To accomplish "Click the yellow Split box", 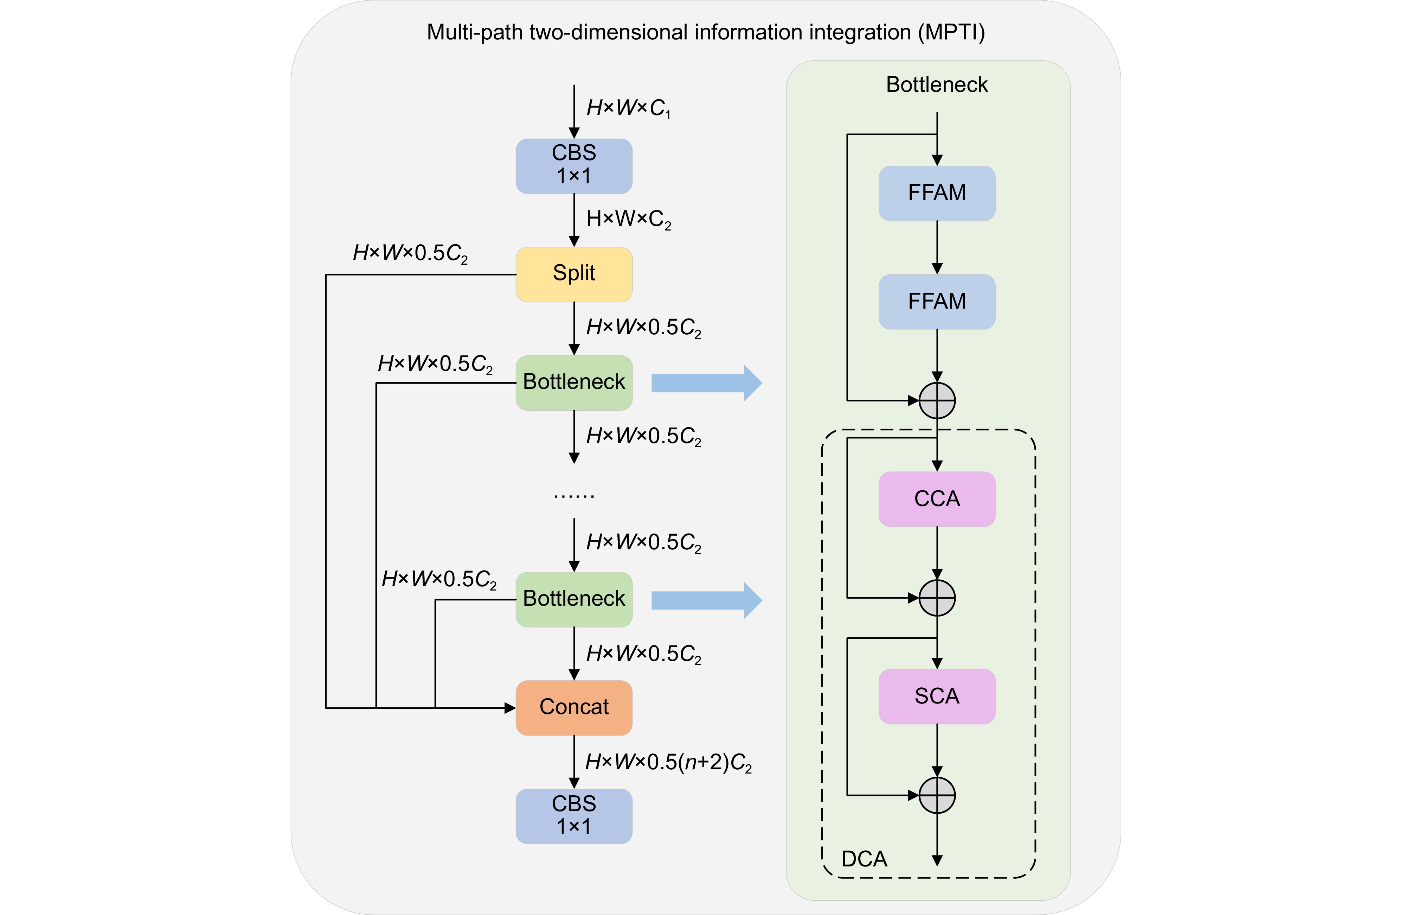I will (574, 274).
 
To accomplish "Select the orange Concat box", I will (574, 707).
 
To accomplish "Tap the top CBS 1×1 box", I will (574, 166).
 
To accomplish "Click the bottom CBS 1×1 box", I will (574, 816).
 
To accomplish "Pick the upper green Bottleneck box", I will (574, 383).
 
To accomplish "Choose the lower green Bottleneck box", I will (574, 599).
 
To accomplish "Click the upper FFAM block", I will (936, 193).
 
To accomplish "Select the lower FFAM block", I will (936, 302).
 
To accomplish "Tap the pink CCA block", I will (936, 499).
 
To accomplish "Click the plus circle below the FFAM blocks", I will (937, 401).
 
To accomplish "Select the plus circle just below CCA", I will (937, 598).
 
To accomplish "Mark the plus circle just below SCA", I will (937, 795).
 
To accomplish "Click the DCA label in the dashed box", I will (864, 859).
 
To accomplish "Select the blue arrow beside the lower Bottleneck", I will (706, 600).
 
